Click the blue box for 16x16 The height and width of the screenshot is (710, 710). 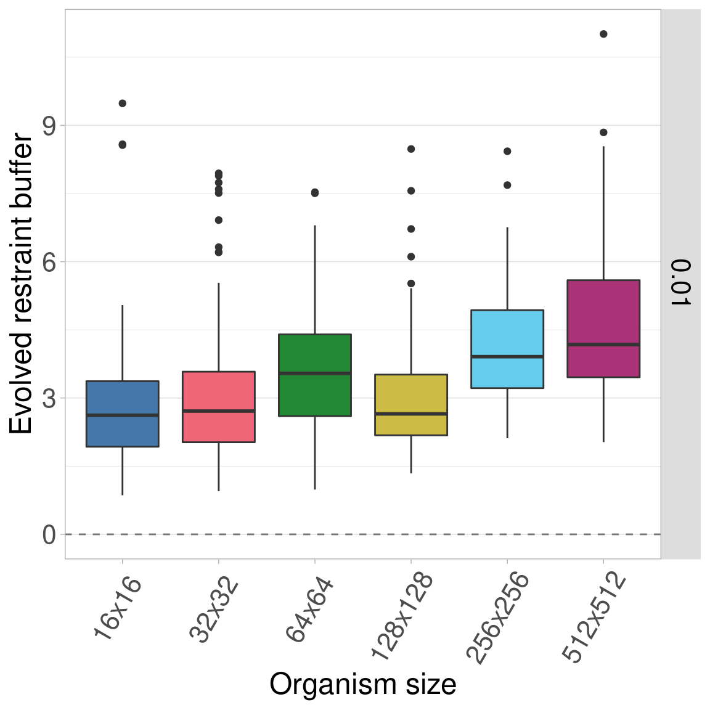122,414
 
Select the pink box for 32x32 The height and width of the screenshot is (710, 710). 219,407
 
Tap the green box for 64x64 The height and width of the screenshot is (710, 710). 315,375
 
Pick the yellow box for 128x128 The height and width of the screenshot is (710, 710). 411,405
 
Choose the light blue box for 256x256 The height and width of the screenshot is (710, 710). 507,349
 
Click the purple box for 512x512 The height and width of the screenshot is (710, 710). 603,328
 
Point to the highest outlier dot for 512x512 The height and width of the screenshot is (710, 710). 603,34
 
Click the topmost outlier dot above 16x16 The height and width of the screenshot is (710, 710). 122,103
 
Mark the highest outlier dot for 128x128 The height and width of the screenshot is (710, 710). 411,149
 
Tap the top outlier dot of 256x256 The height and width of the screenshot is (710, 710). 507,151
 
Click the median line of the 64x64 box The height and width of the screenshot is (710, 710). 315,373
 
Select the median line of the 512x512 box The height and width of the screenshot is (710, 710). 603,345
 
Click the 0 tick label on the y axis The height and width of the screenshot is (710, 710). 49,534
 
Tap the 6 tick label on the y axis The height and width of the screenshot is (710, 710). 49,262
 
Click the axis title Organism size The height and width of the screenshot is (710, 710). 362,685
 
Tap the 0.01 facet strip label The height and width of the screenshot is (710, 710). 680,283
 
